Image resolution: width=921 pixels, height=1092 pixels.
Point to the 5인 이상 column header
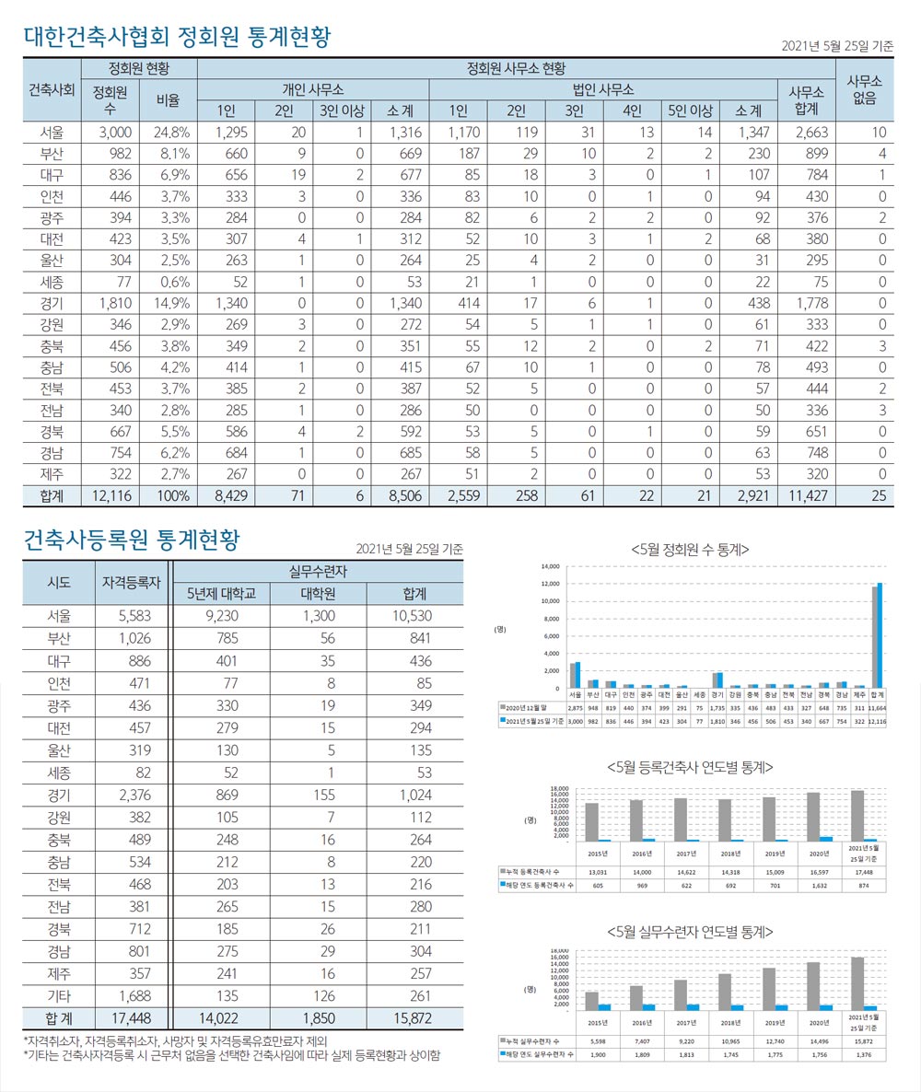pyautogui.click(x=691, y=111)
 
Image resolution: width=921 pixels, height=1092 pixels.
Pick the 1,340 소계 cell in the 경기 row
pyautogui.click(x=399, y=302)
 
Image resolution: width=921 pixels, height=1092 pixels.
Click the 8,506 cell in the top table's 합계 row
pyautogui.click(x=399, y=495)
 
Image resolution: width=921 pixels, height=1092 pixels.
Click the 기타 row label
pyautogui.click(x=58, y=994)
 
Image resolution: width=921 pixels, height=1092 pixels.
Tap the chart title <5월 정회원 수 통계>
pyautogui.click(x=690, y=549)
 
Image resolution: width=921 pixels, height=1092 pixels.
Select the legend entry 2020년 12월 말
pyautogui.click(x=530, y=704)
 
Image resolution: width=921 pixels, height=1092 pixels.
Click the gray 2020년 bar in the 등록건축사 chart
pyautogui.click(x=813, y=816)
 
